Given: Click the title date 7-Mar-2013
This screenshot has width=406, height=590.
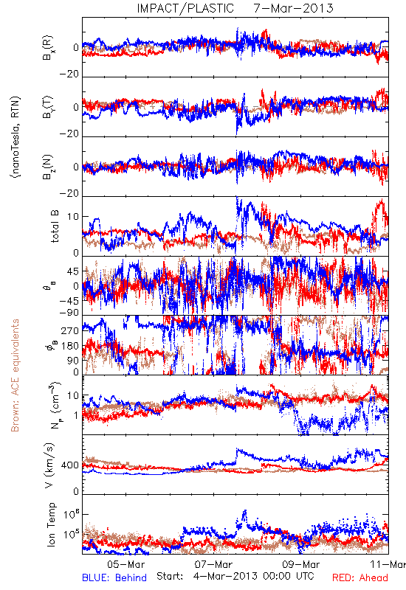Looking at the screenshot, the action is point(293,8).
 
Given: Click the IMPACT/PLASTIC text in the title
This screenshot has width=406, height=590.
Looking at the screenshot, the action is point(185,8).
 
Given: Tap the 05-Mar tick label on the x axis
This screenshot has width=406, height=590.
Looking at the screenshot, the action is point(125,564).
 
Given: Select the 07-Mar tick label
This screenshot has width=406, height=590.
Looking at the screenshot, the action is point(214,564).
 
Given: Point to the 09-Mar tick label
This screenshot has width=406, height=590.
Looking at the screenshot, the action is point(301,564).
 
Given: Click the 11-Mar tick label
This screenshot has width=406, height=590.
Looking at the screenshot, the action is point(388,564).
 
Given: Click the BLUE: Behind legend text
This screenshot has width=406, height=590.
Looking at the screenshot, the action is point(114,577).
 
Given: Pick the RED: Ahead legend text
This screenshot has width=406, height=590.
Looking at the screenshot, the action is point(360,577).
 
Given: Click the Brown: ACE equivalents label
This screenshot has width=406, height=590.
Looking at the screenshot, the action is point(15,375).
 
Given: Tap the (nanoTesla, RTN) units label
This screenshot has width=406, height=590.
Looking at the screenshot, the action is point(16,137).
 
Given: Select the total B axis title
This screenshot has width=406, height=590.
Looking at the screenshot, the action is point(54,226).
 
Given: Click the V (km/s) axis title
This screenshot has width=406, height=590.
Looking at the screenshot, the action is point(49,465).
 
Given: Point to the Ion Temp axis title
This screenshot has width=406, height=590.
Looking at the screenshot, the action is point(51,524).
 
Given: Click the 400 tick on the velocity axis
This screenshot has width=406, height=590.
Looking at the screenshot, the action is point(70,465).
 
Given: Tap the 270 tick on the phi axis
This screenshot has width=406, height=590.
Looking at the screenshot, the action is point(70,330).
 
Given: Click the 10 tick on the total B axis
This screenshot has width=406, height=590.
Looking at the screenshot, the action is point(73,217).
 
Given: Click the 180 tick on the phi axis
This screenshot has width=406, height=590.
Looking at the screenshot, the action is point(70,346).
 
